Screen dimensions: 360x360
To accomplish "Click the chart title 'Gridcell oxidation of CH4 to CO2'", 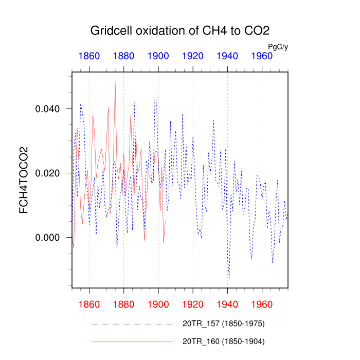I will [x=180, y=30].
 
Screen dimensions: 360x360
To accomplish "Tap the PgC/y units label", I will [x=278, y=47].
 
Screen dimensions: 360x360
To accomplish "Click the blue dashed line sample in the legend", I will [x=132, y=324].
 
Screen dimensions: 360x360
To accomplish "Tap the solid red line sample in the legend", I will [x=132, y=341].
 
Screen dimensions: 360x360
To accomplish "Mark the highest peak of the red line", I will [x=115, y=82].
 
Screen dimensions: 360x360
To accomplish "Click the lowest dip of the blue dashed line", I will [x=229, y=278].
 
